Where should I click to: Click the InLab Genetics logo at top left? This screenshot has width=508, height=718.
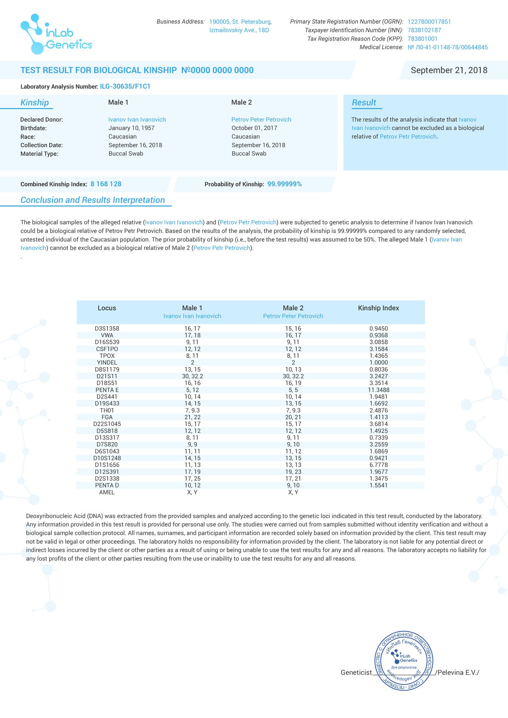tap(56, 34)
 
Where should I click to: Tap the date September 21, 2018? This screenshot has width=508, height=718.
tap(449, 70)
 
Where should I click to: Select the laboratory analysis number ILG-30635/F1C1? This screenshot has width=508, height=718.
tap(125, 87)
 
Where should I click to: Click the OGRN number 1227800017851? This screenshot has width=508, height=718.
tap(429, 22)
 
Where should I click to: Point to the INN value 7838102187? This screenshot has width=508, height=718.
tap(424, 30)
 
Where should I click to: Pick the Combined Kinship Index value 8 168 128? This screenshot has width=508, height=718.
tap(106, 184)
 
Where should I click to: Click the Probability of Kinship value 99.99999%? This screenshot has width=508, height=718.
tap(284, 184)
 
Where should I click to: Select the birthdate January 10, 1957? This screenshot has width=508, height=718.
tap(131, 128)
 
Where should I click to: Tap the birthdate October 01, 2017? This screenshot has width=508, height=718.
tap(254, 128)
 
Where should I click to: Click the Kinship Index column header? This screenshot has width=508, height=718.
tap(378, 308)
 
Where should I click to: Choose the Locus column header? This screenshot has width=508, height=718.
tap(107, 308)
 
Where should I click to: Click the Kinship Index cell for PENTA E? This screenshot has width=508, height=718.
tap(378, 390)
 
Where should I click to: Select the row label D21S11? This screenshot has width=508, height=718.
tap(107, 376)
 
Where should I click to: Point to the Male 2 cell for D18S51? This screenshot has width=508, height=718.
tap(293, 383)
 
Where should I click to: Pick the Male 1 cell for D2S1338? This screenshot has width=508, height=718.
tap(192, 479)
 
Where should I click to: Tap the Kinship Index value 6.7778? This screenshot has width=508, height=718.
tap(378, 465)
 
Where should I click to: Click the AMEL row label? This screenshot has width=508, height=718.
tap(107, 492)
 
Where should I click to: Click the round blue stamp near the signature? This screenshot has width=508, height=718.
tap(404, 661)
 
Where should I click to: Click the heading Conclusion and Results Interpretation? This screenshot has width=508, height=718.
tap(93, 200)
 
